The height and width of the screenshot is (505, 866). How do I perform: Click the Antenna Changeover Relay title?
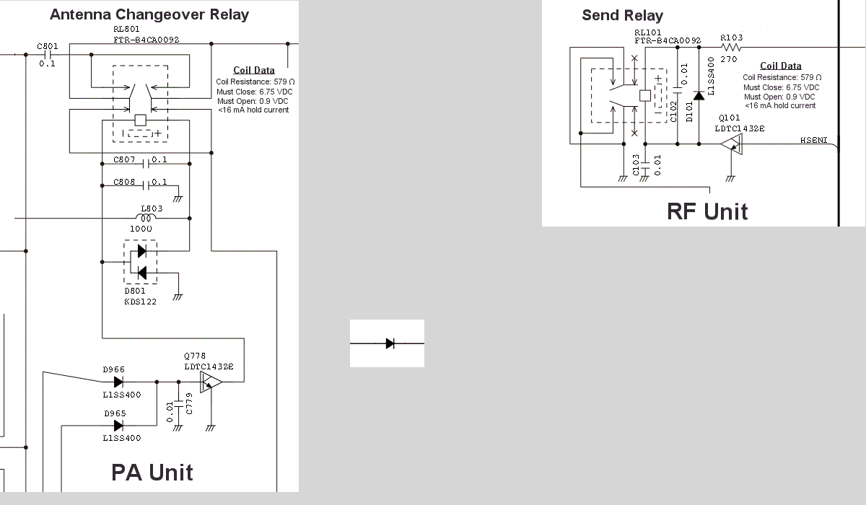tap(149, 14)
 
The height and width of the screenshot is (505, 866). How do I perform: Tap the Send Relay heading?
tap(622, 15)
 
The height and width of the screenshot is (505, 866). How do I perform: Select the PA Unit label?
tap(152, 473)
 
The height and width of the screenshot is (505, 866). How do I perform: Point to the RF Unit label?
tap(707, 211)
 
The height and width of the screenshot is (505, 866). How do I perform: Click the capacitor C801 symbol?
tap(48, 55)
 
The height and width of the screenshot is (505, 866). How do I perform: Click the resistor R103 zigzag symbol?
tap(731, 47)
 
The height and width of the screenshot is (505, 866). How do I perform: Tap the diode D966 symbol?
tap(118, 382)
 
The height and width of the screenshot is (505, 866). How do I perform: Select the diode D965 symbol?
tap(118, 426)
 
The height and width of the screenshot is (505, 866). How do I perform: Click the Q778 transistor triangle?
tap(211, 382)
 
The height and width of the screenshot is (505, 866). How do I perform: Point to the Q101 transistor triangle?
tap(731, 144)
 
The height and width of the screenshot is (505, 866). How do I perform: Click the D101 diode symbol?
tap(699, 95)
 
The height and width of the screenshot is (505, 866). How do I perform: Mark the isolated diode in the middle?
tap(390, 343)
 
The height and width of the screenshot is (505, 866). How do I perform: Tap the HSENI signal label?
tap(814, 140)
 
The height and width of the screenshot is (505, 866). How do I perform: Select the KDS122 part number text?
tap(140, 302)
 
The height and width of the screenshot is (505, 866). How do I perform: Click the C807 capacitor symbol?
tap(146, 164)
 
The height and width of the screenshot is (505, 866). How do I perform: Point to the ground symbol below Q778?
tap(210, 427)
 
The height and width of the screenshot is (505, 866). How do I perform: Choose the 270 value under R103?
tap(728, 60)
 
